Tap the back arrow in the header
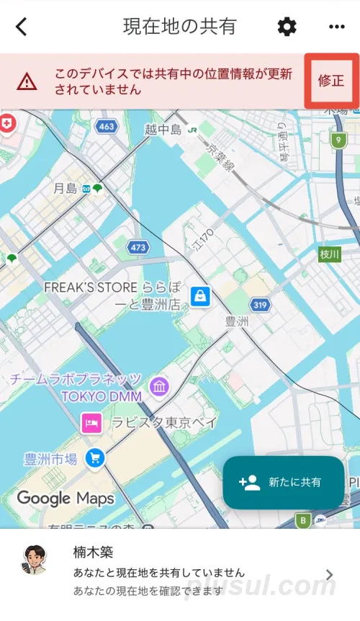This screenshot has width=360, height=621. [x=22, y=27]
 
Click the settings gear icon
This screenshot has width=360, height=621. [x=287, y=27]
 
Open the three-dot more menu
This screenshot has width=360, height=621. [x=336, y=27]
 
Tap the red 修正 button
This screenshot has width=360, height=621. [x=331, y=81]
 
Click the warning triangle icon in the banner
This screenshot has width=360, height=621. [x=27, y=81]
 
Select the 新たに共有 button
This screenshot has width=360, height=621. [x=283, y=483]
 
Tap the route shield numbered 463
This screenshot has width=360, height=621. [x=106, y=126]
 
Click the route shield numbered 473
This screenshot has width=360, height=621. [x=138, y=247]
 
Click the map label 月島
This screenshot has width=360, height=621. [x=65, y=189]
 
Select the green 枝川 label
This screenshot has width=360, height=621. [x=329, y=254]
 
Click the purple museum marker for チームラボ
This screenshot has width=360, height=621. [x=159, y=387]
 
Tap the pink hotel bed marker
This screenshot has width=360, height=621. [x=91, y=422]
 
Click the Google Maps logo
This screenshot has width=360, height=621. [x=66, y=498]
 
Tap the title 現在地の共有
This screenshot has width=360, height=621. [x=179, y=27]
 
